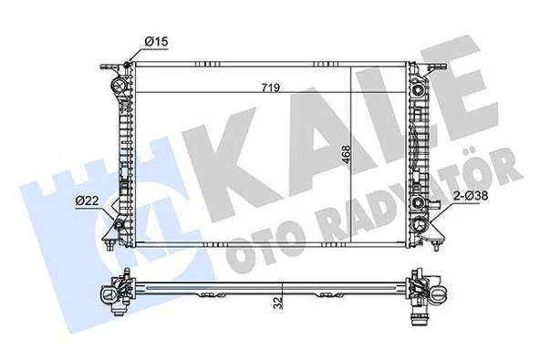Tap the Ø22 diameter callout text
click(x=88, y=200)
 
